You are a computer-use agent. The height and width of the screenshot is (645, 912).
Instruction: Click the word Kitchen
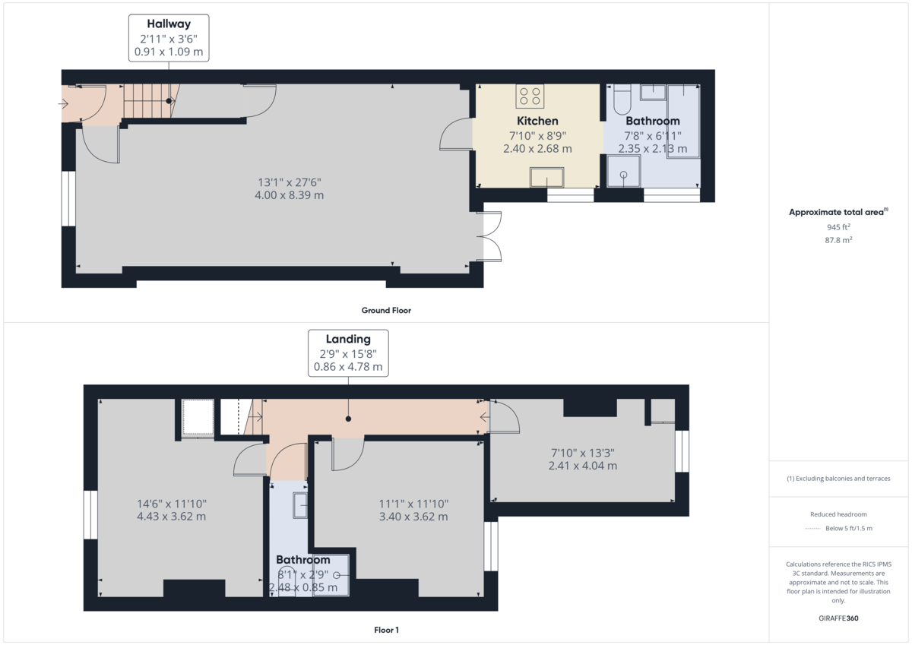coord(537,121)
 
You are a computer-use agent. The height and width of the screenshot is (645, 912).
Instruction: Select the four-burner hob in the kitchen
coord(530,96)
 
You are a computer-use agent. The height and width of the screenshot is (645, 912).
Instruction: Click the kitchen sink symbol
coord(547,179)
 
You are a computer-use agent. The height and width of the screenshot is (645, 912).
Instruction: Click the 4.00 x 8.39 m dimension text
coord(289,195)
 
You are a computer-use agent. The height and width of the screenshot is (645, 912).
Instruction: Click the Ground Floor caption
coord(386,311)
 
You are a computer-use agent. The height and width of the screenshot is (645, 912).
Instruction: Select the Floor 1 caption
coord(386,630)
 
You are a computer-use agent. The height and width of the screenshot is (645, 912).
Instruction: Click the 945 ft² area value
coord(838,227)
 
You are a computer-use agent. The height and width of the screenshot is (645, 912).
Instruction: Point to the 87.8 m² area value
coord(838,239)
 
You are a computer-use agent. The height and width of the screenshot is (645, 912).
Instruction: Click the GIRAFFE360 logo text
coord(838,618)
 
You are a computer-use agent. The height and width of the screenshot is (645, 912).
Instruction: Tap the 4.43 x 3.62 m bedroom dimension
coord(171,517)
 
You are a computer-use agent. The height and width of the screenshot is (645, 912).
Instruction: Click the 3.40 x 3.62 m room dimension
coord(413,517)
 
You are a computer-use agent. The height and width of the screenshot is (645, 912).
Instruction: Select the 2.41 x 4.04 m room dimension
coord(582,466)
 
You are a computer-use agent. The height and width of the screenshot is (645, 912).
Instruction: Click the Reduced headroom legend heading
coord(838,514)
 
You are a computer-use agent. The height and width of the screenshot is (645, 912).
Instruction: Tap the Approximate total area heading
coord(838,213)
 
